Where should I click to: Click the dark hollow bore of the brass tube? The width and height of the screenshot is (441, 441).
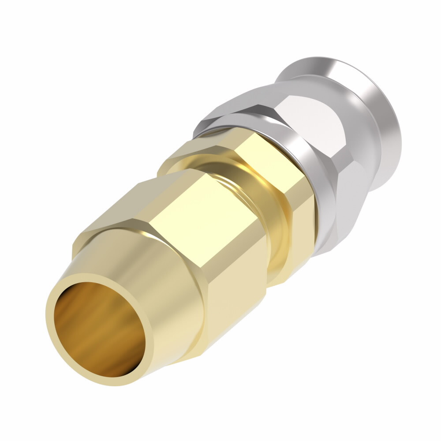[95, 326]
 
